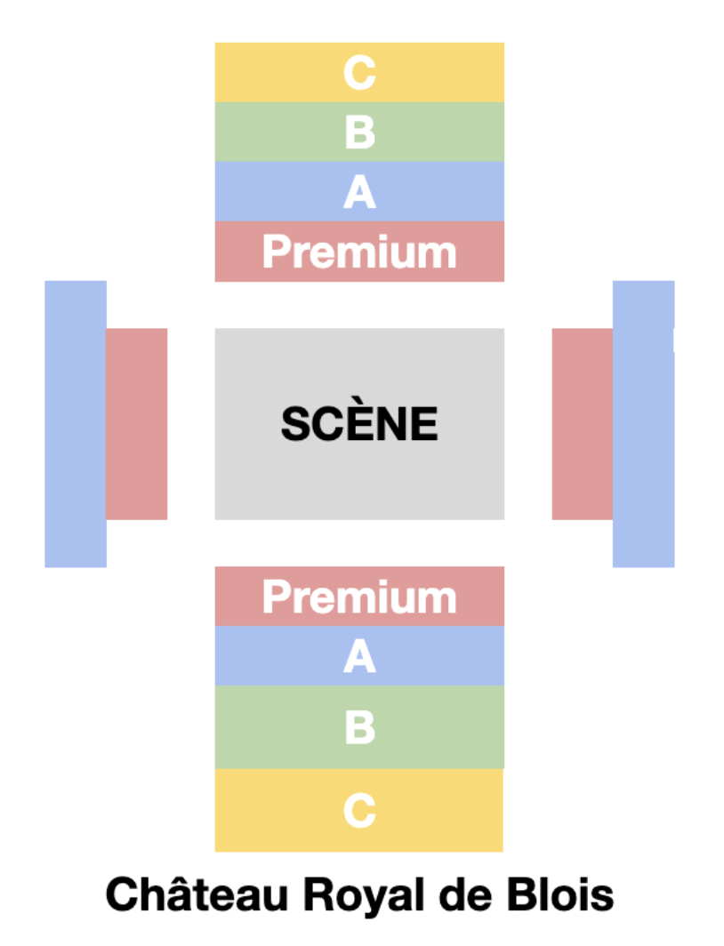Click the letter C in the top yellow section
coord(359,73)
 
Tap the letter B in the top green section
coord(359,132)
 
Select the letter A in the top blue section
coord(359,192)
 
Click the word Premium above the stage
coord(359,253)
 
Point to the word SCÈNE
coord(359,424)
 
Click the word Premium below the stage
coord(359,597)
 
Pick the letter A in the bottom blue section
coord(359,657)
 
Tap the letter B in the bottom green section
coord(359,727)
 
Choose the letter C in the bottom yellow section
coord(359,811)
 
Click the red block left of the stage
coord(137,424)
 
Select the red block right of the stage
coord(583,424)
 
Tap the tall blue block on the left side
coord(76,424)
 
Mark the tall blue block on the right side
coord(643,424)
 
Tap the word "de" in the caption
coord(461,894)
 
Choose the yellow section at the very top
coord(267,73)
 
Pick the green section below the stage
coord(267,727)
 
